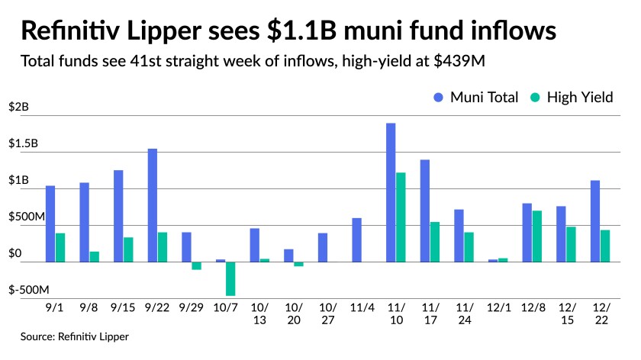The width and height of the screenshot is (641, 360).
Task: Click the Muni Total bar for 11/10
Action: [391, 192]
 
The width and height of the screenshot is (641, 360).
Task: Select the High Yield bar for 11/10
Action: [401, 217]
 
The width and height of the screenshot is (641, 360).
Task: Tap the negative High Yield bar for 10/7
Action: [230, 278]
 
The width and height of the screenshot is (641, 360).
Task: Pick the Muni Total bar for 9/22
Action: [153, 205]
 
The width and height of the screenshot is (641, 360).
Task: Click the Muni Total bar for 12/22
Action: [595, 221]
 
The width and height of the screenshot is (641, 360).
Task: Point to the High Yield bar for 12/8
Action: [537, 236]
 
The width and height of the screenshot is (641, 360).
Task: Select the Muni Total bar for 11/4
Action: [356, 240]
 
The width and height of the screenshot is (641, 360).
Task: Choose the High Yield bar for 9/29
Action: [196, 265]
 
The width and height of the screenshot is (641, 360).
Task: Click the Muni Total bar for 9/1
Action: [50, 223]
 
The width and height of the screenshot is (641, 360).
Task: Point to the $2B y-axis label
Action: [18, 108]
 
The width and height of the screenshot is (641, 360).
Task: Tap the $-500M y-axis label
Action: [29, 291]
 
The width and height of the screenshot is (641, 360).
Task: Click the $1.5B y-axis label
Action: [24, 144]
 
